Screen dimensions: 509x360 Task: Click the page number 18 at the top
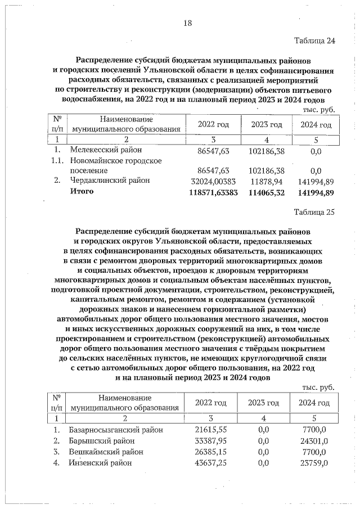point(187,23)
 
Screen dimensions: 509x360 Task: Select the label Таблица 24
point(314,40)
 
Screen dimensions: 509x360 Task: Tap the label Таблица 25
point(314,212)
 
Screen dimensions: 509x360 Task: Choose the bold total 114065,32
point(266,192)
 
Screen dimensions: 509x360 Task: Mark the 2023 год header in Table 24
point(267,124)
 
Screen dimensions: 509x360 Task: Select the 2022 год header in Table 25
point(210,403)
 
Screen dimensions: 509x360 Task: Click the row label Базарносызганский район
point(116,430)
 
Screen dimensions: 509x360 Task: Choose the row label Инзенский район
point(101,463)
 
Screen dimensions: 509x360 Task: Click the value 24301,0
point(314,440)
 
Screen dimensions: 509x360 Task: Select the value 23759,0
point(314,463)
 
